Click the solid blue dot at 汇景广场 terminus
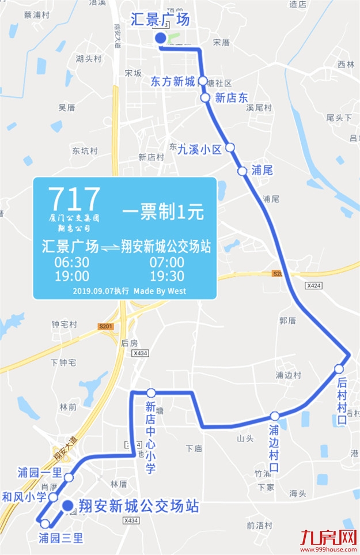pos(161,38)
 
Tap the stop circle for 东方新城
pos(203,81)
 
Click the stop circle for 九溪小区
pos(230,148)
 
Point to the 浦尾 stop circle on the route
pos(242,171)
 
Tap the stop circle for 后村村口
pos(339,369)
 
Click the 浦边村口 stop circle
pos(275,416)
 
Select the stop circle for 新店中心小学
pos(151,393)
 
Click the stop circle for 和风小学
pos(53,497)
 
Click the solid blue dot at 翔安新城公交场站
pos(67,506)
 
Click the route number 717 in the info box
pos(74,199)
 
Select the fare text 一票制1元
pos(163,212)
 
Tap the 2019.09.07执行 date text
pos(101,291)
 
